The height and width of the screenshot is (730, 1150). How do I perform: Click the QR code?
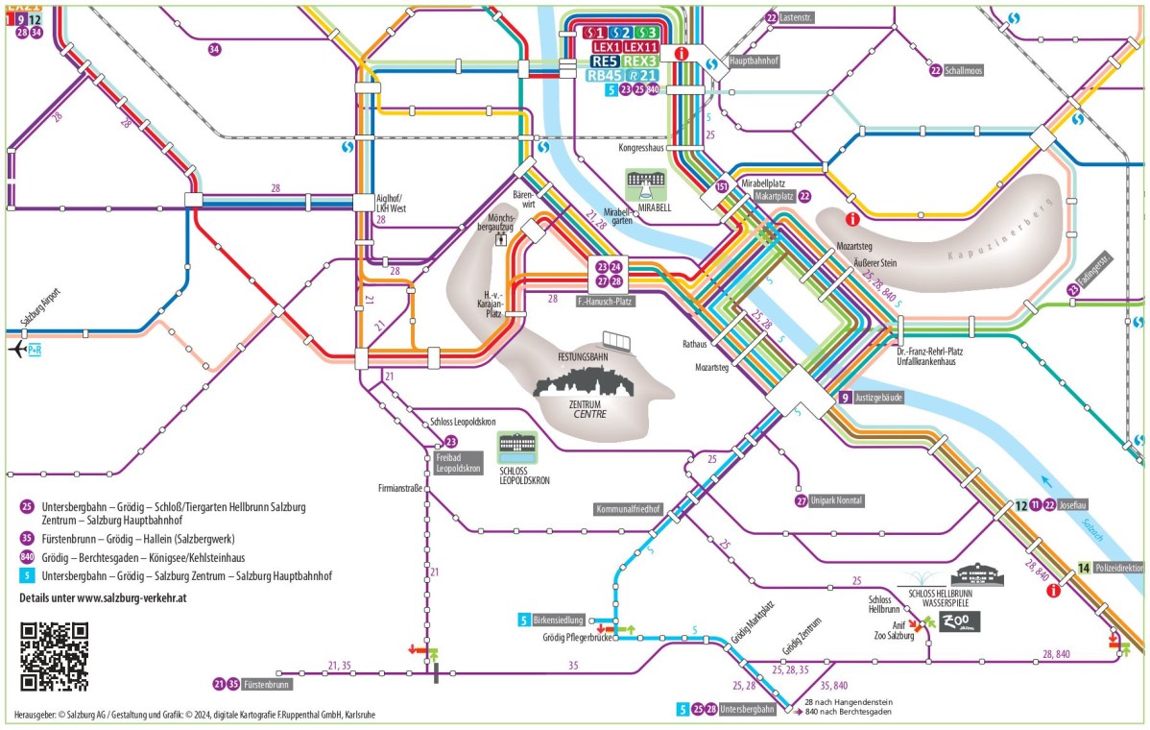[x=54, y=657]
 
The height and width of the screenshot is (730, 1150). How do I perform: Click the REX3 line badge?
[x=639, y=61]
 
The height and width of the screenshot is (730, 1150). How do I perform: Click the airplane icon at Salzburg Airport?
[x=18, y=351]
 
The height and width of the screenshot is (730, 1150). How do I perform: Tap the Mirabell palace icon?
[x=645, y=183]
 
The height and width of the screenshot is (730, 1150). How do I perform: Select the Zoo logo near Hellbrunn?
[x=955, y=621]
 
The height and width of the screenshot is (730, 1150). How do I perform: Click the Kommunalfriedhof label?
[x=628, y=508]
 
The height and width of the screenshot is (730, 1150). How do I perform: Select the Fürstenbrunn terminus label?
[x=267, y=685]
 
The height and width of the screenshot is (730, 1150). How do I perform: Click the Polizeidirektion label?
[x=1118, y=568]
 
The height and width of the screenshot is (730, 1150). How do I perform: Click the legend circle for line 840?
[x=27, y=557]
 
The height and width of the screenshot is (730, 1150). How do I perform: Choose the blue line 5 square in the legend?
[x=27, y=576]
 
